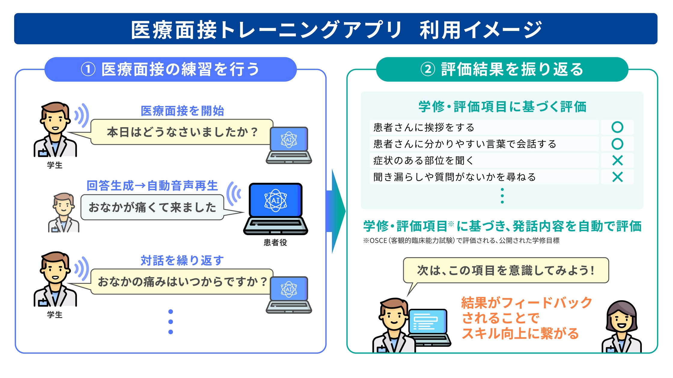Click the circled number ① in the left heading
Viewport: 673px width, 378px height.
[x=88, y=69]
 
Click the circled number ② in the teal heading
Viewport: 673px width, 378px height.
[x=428, y=69]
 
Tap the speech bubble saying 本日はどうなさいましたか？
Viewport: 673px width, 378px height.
[x=182, y=132]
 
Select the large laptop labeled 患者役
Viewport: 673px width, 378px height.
[x=276, y=209]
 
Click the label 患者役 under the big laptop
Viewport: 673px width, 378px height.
[x=275, y=242]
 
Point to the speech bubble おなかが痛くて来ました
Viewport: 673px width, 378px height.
[x=152, y=207]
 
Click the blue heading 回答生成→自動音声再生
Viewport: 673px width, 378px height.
[x=152, y=186]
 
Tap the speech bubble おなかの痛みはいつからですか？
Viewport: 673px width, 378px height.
[x=182, y=282]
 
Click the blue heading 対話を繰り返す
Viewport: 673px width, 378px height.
[x=182, y=260]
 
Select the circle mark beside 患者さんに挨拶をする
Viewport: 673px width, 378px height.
[x=617, y=127]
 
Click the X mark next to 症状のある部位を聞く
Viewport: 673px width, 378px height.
[x=617, y=160]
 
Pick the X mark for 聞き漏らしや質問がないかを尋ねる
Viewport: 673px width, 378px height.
[x=617, y=177]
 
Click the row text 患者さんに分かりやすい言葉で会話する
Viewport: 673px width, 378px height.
[x=464, y=144]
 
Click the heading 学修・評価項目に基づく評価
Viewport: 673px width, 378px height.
[x=502, y=106]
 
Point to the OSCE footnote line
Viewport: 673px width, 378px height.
[x=461, y=241]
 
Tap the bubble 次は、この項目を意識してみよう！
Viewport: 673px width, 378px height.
[x=506, y=270]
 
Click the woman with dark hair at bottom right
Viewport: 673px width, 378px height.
[x=621, y=327]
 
